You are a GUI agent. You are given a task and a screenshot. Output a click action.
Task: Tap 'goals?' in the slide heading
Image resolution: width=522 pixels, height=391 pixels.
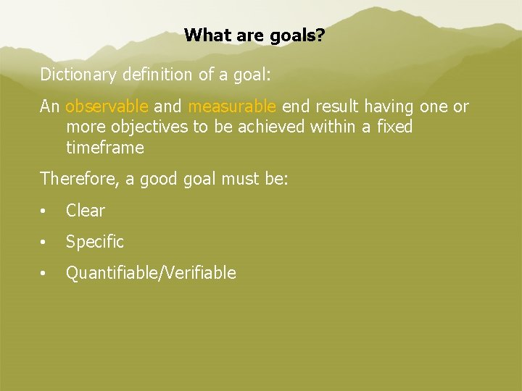pos(297,35)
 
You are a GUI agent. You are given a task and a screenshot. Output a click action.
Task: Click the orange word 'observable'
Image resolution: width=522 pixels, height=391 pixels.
pos(107,106)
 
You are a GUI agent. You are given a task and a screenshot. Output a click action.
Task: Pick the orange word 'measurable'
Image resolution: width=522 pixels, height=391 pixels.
pos(232,106)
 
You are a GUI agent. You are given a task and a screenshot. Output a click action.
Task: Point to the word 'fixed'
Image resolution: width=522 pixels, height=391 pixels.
pos(394,127)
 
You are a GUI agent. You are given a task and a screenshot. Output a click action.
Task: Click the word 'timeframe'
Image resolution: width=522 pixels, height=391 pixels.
pos(105,148)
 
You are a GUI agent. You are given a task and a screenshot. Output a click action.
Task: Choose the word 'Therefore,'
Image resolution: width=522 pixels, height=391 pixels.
pos(80,179)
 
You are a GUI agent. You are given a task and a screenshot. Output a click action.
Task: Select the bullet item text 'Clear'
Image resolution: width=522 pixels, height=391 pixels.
pos(86,211)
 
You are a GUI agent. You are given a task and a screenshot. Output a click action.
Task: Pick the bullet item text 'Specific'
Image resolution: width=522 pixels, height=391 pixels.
pos(95,242)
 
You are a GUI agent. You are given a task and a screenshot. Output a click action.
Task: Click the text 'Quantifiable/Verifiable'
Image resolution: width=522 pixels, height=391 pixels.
pos(151,273)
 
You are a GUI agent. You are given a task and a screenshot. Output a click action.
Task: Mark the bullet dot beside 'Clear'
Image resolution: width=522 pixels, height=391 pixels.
pos(44,211)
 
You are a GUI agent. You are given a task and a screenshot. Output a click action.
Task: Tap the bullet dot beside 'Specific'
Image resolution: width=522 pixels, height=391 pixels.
pos(44,243)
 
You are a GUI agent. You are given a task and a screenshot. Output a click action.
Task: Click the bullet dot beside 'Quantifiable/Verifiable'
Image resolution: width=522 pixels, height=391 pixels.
pos(44,274)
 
